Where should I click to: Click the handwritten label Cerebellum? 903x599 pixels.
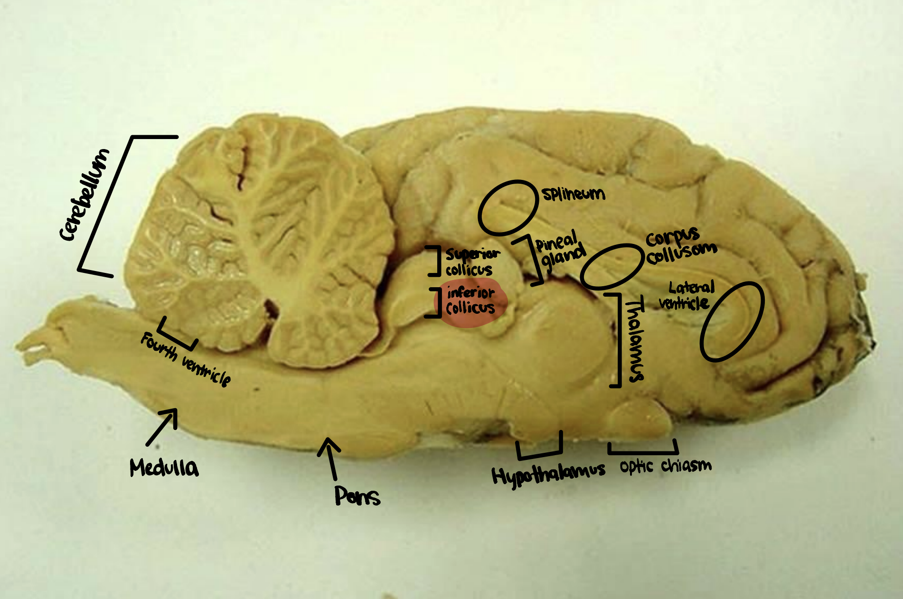tap(85, 195)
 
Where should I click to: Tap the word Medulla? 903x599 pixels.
tap(164, 468)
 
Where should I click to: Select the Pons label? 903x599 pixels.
tap(357, 496)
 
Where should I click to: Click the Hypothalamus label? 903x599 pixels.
tap(548, 474)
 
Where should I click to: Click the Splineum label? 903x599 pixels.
tap(574, 194)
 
